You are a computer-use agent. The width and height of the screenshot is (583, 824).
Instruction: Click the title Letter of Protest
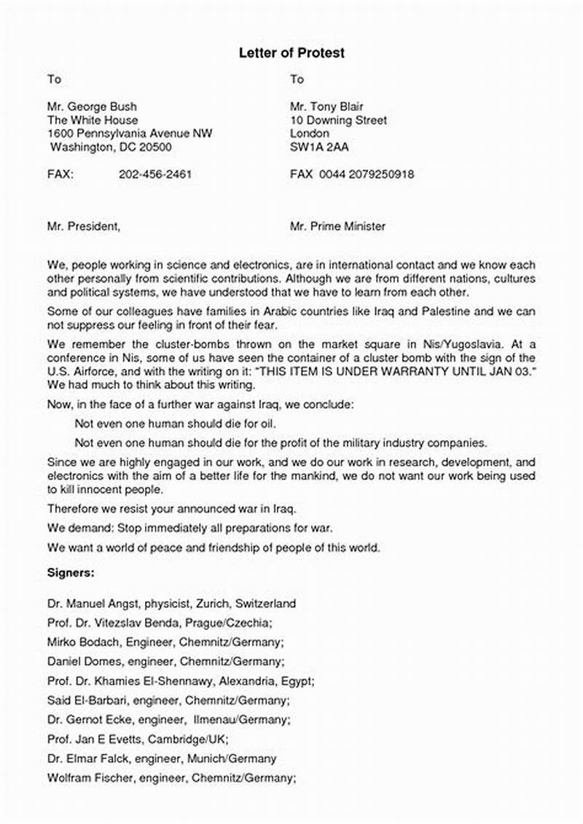tap(291, 53)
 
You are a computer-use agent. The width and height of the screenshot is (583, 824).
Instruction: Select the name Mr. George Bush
tap(92, 106)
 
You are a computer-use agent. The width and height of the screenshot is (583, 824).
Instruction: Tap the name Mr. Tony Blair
tap(326, 106)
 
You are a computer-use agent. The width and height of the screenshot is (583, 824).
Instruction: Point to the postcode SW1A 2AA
tap(319, 147)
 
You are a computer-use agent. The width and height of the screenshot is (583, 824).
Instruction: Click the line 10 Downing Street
tap(338, 120)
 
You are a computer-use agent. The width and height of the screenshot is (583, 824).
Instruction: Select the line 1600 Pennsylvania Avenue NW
tap(130, 133)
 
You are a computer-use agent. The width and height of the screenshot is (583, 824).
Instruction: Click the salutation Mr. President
tap(83, 226)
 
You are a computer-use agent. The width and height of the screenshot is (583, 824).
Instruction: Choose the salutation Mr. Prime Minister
tap(337, 226)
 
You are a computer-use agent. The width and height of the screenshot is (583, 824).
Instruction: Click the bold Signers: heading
tap(71, 572)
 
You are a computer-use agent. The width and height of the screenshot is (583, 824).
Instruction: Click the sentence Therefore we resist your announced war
tap(171, 508)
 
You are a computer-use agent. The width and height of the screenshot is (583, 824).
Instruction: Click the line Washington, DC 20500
tap(110, 147)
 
